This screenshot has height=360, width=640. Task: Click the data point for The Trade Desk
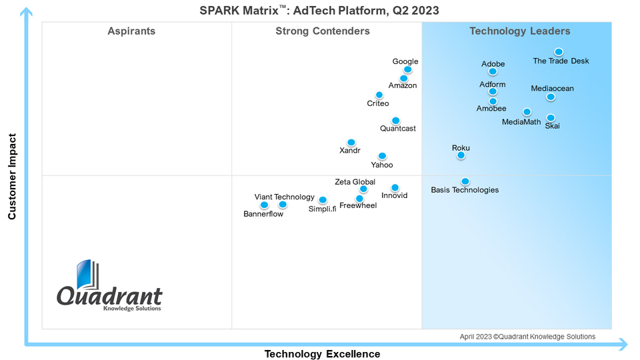tap(559, 52)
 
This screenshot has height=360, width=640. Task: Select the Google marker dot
tap(408, 69)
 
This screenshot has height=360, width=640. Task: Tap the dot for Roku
tap(461, 155)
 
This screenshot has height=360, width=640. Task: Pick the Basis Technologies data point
tap(465, 181)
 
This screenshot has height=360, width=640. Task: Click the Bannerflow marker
tap(265, 205)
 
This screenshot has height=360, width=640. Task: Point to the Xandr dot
tap(351, 143)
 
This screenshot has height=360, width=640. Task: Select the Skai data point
tap(551, 118)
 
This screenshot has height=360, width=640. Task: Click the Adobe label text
tap(493, 64)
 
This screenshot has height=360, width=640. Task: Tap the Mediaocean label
tap(552, 88)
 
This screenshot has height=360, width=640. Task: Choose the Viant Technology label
tap(284, 197)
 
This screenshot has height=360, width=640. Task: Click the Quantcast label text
tap(398, 128)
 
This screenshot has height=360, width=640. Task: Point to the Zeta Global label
tap(355, 181)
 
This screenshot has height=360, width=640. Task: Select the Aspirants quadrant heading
tap(131, 31)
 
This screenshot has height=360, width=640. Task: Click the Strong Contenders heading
tap(323, 31)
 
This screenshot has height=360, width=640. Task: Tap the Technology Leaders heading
tap(520, 31)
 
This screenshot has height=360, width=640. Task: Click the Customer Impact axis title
tap(12, 176)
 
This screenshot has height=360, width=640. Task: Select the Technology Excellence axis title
tap(323, 353)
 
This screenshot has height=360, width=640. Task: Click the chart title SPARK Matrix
tap(320, 11)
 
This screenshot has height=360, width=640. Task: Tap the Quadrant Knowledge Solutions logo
tap(109, 287)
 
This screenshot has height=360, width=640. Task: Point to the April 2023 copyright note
tap(527, 337)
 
